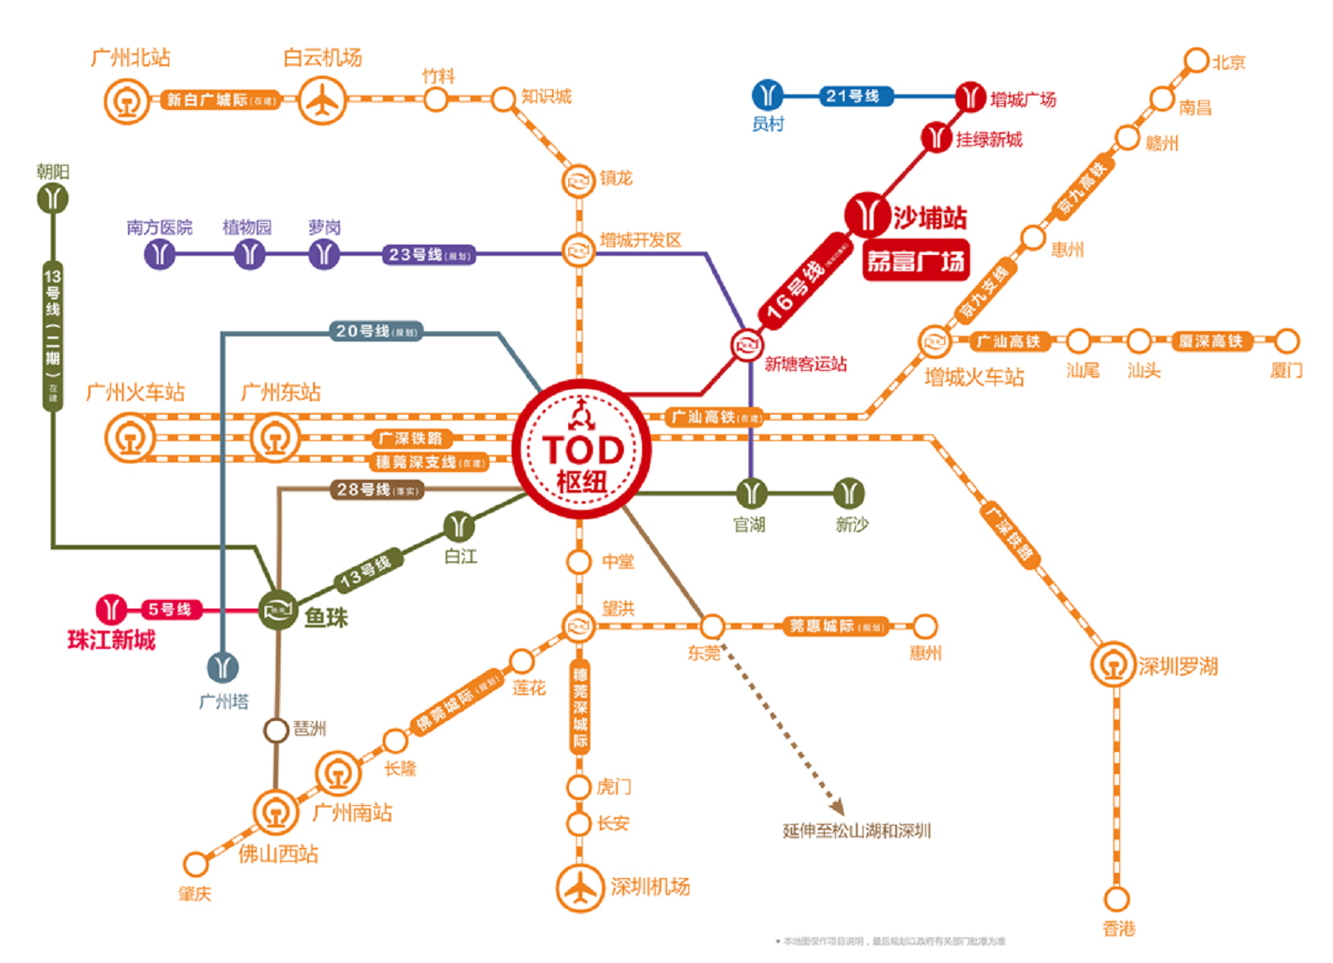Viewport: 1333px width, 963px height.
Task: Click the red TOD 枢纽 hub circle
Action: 582,449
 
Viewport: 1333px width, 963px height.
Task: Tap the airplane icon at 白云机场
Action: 322,100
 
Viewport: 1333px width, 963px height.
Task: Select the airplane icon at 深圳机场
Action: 581,887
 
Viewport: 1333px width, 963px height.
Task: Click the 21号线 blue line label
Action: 852,96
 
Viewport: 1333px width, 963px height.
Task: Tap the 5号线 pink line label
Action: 169,609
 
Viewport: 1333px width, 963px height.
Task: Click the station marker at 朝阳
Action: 53,199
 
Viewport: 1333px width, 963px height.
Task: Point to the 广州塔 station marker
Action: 223,667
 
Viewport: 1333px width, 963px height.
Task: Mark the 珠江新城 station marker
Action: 111,609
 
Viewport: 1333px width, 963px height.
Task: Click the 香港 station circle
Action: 1117,899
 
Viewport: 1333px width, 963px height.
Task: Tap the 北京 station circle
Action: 1196,61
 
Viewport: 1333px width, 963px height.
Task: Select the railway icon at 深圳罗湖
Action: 1114,664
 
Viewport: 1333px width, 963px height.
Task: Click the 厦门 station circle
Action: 1287,341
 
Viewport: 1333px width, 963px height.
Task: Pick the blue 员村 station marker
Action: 767,95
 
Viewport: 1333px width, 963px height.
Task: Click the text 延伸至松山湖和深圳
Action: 857,831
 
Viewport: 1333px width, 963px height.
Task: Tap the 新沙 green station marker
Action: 849,493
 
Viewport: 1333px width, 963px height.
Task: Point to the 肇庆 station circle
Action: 196,863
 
